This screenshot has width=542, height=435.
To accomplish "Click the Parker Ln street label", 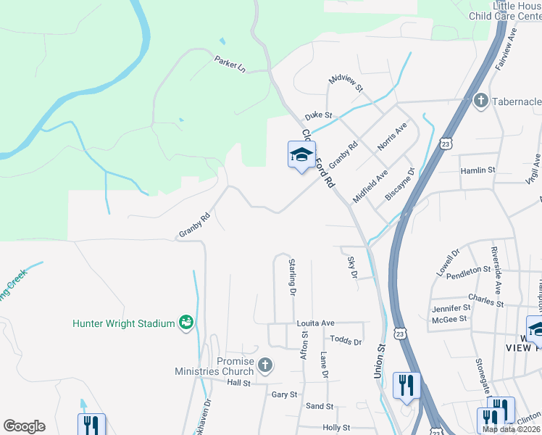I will pyautogui.click(x=230, y=63).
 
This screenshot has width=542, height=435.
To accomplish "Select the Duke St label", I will pyautogui.click(x=318, y=115).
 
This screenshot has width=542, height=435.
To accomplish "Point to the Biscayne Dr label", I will pyautogui.click(x=400, y=185).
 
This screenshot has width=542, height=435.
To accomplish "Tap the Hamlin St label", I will pyautogui.click(x=478, y=170).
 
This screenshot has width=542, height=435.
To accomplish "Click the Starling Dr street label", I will pyautogui.click(x=292, y=276).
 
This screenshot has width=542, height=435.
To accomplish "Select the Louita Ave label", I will pyautogui.click(x=315, y=323).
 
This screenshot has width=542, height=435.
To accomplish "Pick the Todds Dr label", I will pyautogui.click(x=346, y=340).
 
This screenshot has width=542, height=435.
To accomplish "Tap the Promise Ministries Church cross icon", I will pyautogui.click(x=265, y=364).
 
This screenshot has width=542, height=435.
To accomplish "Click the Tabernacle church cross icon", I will pyautogui.click(x=480, y=101).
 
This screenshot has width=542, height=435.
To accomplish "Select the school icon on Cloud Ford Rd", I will pyautogui.click(x=301, y=154).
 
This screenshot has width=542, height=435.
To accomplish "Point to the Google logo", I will pyautogui.click(x=24, y=426).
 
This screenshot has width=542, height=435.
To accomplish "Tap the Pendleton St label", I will pyautogui.click(x=469, y=271).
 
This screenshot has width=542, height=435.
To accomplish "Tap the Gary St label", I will pyautogui.click(x=284, y=394).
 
